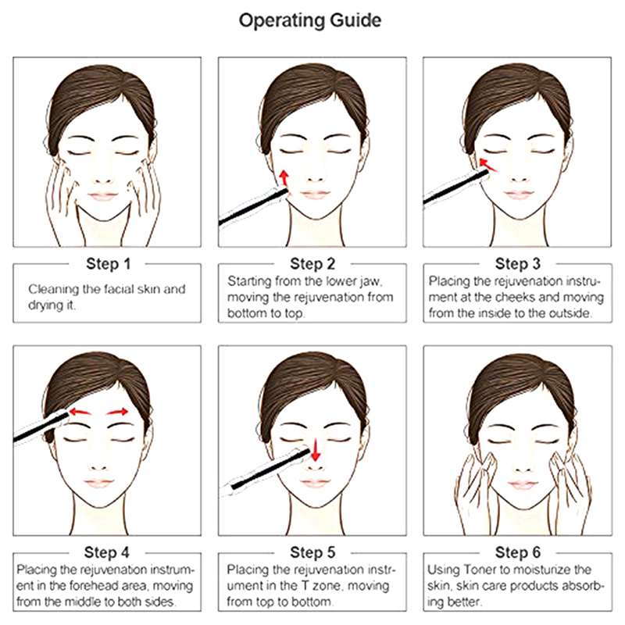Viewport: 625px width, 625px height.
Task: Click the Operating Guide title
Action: (x=310, y=21)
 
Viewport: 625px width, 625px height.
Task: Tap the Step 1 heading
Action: (x=109, y=264)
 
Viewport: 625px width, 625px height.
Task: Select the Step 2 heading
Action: (x=312, y=264)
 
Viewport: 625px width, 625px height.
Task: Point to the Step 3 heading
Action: (x=517, y=263)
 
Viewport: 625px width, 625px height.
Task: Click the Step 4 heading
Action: (x=107, y=552)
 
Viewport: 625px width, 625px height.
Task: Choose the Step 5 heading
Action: (x=312, y=552)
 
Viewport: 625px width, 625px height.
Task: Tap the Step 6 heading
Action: (x=517, y=552)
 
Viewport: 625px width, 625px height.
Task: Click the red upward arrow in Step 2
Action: (x=284, y=179)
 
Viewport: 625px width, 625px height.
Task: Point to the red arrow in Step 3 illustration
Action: (x=487, y=165)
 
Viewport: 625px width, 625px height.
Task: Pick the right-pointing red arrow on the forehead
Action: (x=117, y=412)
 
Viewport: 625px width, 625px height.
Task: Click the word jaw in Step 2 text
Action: (x=370, y=282)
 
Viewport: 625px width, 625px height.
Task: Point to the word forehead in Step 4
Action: (x=94, y=586)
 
